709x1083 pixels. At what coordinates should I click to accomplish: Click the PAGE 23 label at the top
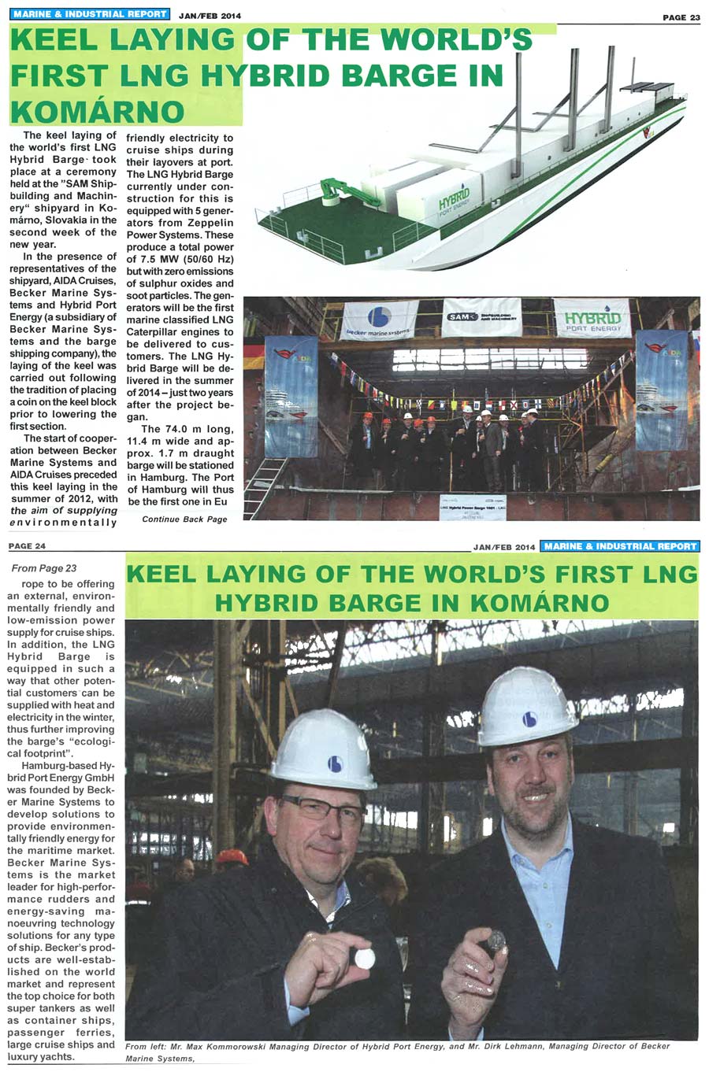pyautogui.click(x=681, y=17)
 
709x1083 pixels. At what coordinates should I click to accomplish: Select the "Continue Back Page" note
pyautogui.click(x=184, y=519)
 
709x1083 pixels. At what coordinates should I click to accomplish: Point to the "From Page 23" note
pyautogui.click(x=44, y=568)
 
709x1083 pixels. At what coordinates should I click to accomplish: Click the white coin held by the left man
pyautogui.click(x=364, y=956)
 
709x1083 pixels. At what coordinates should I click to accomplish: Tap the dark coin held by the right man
pyautogui.click(x=496, y=939)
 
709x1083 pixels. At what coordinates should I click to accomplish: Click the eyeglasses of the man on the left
pyautogui.click(x=324, y=808)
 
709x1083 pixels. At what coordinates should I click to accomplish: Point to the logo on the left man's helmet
pyautogui.click(x=336, y=763)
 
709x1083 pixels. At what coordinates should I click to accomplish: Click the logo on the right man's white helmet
pyautogui.click(x=529, y=719)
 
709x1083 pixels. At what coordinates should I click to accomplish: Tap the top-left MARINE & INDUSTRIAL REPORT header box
pyautogui.click(x=91, y=14)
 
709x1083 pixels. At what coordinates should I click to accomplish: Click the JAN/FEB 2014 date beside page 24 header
pyautogui.click(x=504, y=547)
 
